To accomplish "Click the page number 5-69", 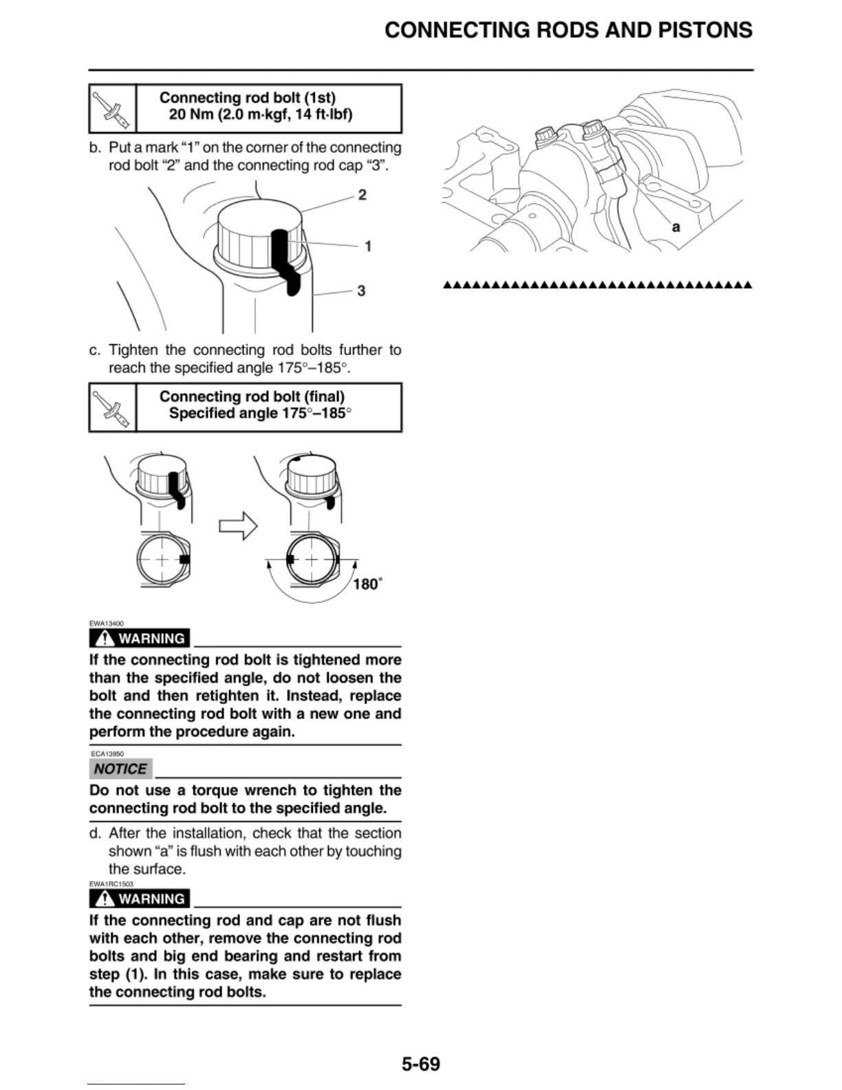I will click(x=420, y=1064).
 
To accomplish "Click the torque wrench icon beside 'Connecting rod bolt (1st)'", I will click(x=112, y=109).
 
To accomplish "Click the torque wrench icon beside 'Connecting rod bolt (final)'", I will click(x=112, y=407).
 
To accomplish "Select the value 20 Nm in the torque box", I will click(x=191, y=114).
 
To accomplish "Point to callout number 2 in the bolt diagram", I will click(x=363, y=195).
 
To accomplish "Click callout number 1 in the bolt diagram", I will click(x=368, y=246).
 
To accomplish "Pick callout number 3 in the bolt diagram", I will click(x=361, y=291).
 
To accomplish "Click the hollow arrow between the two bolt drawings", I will click(x=238, y=526).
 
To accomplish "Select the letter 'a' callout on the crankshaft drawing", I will click(x=676, y=227).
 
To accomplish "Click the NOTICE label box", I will click(x=120, y=769).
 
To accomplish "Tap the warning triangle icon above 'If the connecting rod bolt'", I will click(x=105, y=639).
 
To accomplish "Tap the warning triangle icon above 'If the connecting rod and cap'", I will click(x=105, y=899).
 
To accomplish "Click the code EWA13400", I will click(x=106, y=623).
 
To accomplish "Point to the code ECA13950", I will click(x=107, y=754).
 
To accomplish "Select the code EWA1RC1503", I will click(x=111, y=884).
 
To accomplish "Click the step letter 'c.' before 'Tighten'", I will click(x=95, y=350).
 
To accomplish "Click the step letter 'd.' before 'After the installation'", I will click(x=95, y=833).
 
